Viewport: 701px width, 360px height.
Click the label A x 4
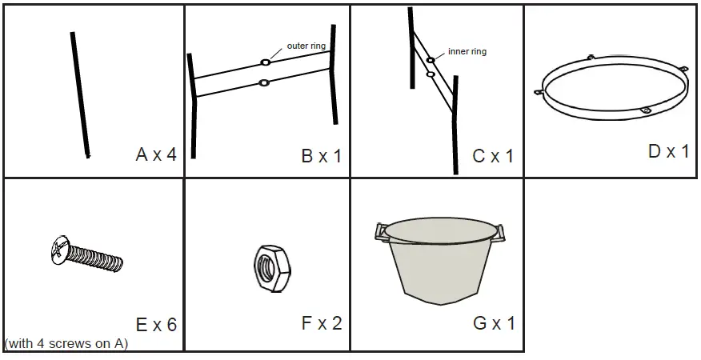(x=156, y=154)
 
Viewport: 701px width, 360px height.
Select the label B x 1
(x=321, y=156)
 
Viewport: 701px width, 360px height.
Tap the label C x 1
(x=492, y=156)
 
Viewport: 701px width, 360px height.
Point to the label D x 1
(x=668, y=150)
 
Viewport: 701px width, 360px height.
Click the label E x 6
(x=156, y=325)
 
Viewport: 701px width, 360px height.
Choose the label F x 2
(x=321, y=323)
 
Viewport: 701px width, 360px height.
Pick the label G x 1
(x=494, y=323)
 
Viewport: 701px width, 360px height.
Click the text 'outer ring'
(x=306, y=46)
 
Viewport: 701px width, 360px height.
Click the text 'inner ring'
(x=467, y=52)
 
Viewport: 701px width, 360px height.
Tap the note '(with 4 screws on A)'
(x=66, y=344)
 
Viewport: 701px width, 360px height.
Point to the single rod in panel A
(x=79, y=94)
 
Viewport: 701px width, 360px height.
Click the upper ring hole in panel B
(x=264, y=62)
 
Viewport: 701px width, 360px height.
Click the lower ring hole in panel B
(x=265, y=82)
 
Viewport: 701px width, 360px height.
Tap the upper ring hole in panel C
(x=431, y=60)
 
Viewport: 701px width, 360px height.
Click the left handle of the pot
(x=382, y=232)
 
